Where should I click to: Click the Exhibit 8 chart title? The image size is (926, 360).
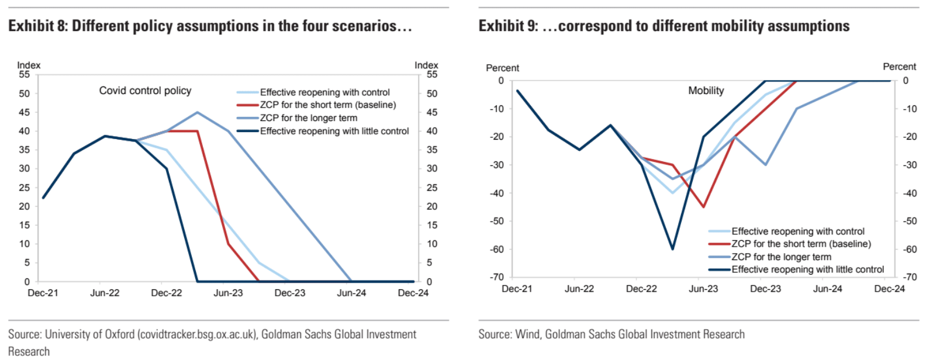click(210, 26)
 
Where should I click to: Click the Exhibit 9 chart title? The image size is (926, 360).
click(664, 26)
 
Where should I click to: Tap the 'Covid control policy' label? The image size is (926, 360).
click(145, 91)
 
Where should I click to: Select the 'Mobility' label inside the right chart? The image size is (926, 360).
click(706, 91)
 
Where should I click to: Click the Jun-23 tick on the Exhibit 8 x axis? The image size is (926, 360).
click(228, 293)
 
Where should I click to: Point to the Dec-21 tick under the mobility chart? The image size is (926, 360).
click(517, 289)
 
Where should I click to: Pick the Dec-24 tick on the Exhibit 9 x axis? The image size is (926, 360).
click(889, 289)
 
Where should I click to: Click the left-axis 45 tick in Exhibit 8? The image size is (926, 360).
click(24, 112)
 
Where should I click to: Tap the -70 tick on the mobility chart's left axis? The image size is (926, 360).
click(497, 277)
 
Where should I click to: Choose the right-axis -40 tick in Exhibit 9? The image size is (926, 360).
click(909, 193)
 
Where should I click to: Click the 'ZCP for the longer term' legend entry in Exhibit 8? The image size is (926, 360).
click(308, 118)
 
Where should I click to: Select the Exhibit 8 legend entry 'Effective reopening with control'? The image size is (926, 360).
click(324, 92)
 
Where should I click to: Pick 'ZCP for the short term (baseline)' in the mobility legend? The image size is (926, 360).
click(801, 244)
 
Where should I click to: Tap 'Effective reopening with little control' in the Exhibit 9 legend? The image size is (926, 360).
click(807, 269)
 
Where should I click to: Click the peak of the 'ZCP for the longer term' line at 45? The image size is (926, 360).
click(198, 112)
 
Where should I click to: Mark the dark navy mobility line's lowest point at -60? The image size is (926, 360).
click(672, 249)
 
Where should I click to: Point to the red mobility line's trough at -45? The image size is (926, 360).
click(703, 207)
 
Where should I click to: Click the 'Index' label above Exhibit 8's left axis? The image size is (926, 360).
click(29, 65)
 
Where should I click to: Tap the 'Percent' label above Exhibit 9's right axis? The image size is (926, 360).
click(899, 67)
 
